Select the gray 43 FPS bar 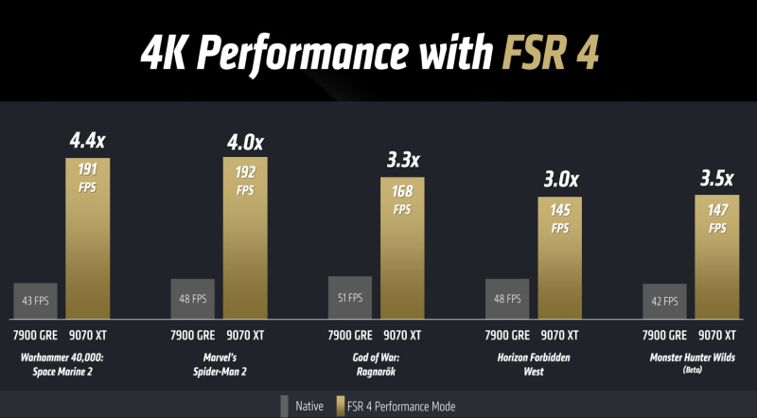tap(36, 301)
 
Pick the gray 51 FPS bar tap(350, 298)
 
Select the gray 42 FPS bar tap(665, 302)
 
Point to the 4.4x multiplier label tap(87, 142)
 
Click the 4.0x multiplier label tap(245, 142)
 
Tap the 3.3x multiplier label tap(403, 161)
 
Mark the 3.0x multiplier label tap(560, 180)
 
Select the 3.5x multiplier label tap(717, 178)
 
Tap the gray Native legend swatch tap(284, 406)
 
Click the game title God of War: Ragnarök tap(377, 363)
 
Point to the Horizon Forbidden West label tap(535, 363)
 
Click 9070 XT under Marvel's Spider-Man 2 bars tap(245, 335)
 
